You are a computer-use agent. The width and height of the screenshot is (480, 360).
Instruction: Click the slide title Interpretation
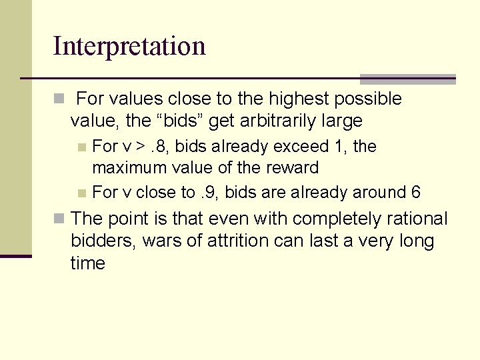[129, 46]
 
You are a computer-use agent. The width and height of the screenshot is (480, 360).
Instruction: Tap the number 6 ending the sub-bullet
[416, 193]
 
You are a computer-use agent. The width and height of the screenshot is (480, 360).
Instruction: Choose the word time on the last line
[88, 263]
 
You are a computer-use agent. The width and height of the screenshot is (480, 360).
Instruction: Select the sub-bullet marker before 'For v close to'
[81, 193]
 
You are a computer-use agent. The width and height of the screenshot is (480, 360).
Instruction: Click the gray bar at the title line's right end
[407, 79]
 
